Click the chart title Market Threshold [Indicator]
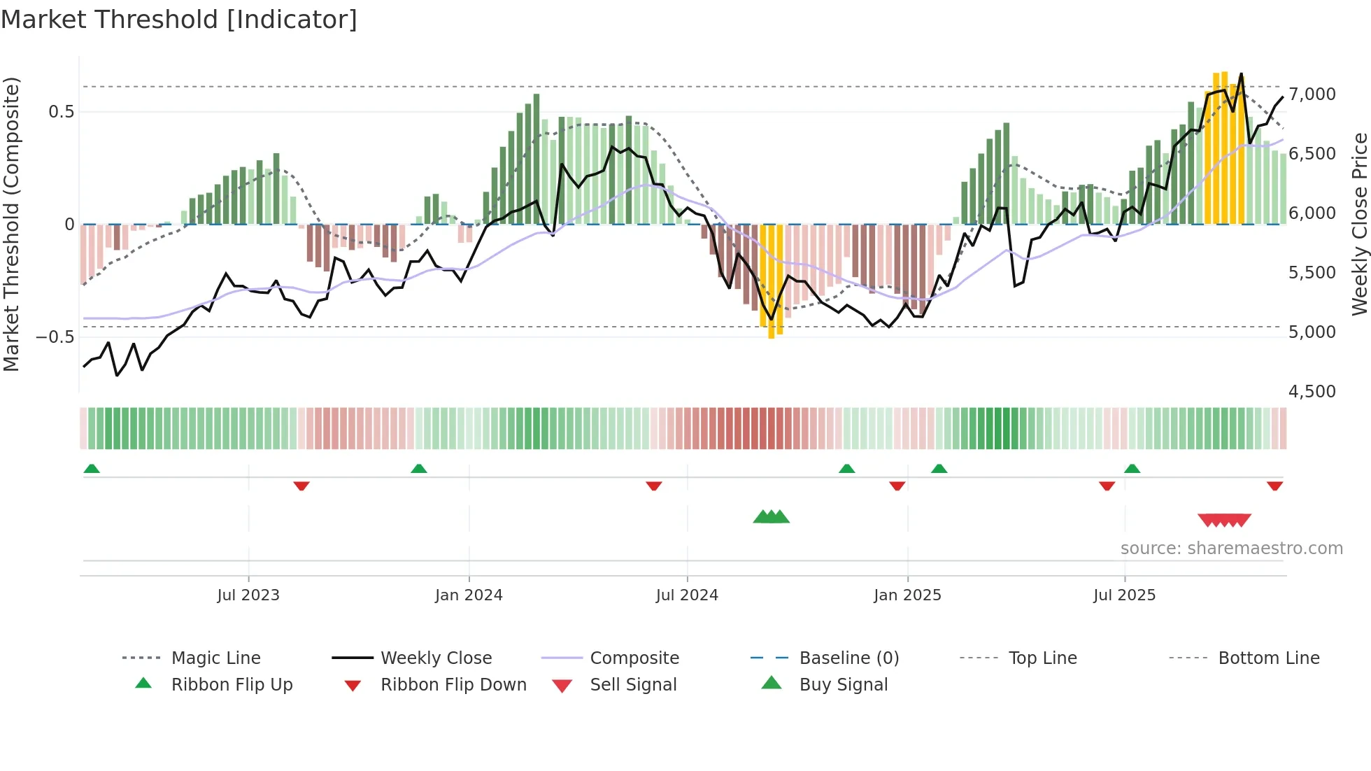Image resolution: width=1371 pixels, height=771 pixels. [179, 20]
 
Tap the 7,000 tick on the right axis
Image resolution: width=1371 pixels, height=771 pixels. [1312, 94]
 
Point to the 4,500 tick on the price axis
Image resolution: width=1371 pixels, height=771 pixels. [1312, 391]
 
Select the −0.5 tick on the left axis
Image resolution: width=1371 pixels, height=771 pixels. [55, 337]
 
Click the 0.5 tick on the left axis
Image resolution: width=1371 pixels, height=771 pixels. [61, 111]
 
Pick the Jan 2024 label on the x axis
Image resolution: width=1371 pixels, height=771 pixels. [469, 595]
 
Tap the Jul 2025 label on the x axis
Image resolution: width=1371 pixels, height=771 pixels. [1124, 595]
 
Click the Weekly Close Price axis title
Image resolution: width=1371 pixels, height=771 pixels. [1359, 224]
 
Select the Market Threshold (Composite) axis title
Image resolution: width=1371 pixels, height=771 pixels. [11, 224]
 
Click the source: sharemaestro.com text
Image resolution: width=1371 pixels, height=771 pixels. [1231, 549]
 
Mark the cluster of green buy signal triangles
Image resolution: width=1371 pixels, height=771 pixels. [771, 517]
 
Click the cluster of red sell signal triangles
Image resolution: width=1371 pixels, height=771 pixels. [1224, 520]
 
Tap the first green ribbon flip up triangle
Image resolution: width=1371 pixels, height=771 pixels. [92, 469]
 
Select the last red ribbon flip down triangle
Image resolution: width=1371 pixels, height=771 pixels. [1274, 486]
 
